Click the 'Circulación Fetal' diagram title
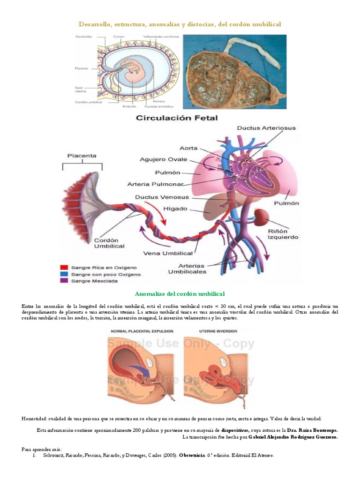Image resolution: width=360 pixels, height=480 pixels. click(177, 118)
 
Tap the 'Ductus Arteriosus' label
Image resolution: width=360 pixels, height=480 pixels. click(266, 127)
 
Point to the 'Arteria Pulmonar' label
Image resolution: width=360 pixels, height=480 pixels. click(155, 184)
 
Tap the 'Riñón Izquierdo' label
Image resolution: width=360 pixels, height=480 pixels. click(283, 234)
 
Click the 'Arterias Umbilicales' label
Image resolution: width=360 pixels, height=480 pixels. click(187, 268)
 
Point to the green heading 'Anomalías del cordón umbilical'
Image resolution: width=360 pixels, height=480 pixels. click(180, 294)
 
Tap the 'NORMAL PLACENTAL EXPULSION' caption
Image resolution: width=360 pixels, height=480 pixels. click(142, 331)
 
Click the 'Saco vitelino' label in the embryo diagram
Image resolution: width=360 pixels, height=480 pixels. click(79, 89)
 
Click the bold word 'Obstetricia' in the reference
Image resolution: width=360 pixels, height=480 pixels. click(192, 455)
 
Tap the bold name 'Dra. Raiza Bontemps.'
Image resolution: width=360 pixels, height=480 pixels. click(312, 430)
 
